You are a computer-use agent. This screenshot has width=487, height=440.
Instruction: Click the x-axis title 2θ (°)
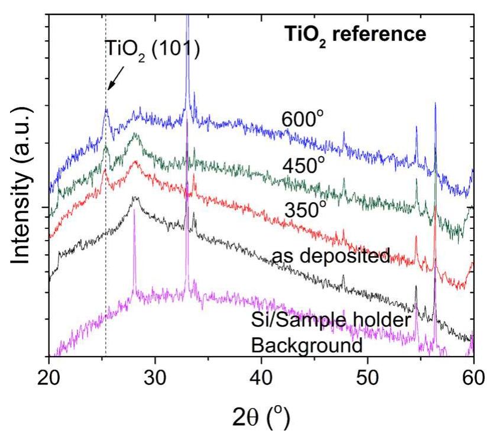(x=261, y=419)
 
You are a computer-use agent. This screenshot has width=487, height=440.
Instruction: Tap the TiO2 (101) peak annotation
(x=153, y=48)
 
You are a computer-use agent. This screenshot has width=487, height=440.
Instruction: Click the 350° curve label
(x=306, y=209)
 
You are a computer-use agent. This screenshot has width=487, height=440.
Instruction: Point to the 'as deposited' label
(x=331, y=256)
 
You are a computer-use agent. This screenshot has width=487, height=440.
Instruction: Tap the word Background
(x=307, y=344)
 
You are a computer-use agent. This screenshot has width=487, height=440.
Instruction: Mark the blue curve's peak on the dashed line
(x=106, y=109)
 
